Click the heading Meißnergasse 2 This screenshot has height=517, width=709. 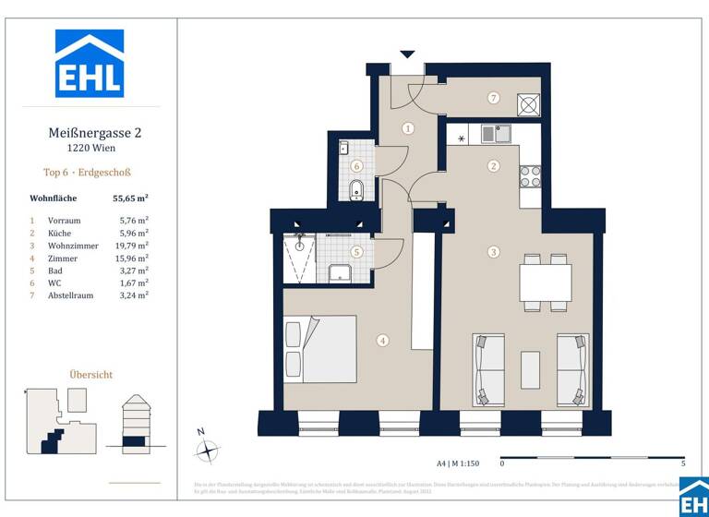point(94,133)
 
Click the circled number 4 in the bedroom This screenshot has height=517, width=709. point(383,340)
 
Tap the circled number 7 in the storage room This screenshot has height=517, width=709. point(494,98)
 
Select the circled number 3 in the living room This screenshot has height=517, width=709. point(494,251)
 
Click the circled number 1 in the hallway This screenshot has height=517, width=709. point(407,129)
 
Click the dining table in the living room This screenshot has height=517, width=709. point(545,282)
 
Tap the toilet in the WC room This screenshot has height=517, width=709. point(356,190)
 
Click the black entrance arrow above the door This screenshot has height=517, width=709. point(407,54)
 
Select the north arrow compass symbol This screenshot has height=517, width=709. point(208,451)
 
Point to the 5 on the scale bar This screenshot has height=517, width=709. point(682,463)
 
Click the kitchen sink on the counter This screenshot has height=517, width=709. point(502,134)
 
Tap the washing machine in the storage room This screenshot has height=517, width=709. point(530,103)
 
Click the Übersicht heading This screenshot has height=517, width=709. point(91,375)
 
